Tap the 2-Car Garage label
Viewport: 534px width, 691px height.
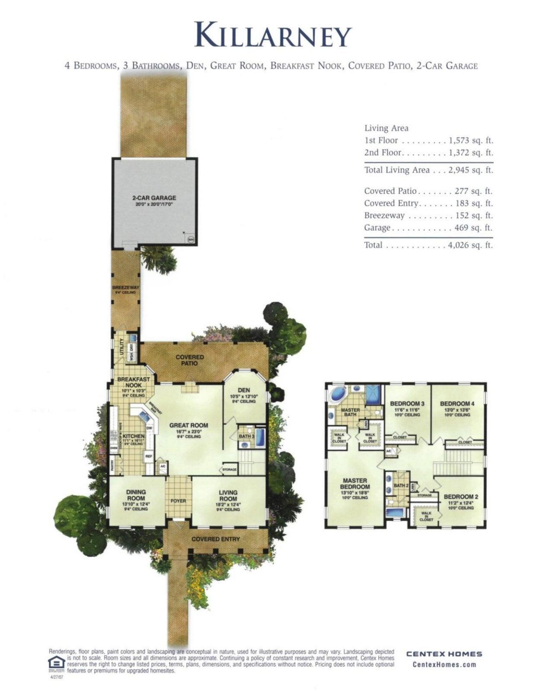pyautogui.click(x=154, y=198)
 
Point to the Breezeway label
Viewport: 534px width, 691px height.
pyautogui.click(x=126, y=288)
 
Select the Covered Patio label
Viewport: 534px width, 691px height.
pyautogui.click(x=189, y=360)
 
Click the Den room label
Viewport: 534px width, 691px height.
pyautogui.click(x=244, y=390)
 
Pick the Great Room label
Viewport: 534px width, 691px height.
pyautogui.click(x=189, y=425)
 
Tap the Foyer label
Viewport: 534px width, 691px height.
pyautogui.click(x=179, y=501)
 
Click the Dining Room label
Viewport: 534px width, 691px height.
pyautogui.click(x=136, y=495)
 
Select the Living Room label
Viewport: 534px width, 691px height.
pyautogui.click(x=228, y=495)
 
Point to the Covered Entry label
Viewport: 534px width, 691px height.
pyautogui.click(x=216, y=539)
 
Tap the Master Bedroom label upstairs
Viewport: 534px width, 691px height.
pyautogui.click(x=355, y=484)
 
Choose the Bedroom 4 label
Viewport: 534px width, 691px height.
pyautogui.click(x=457, y=404)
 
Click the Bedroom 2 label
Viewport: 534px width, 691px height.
pyautogui.click(x=461, y=497)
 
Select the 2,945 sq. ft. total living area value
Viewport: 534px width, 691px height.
pyautogui.click(x=471, y=170)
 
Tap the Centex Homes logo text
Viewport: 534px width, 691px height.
pyautogui.click(x=444, y=654)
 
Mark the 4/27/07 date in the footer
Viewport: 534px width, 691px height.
pyautogui.click(x=55, y=677)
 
